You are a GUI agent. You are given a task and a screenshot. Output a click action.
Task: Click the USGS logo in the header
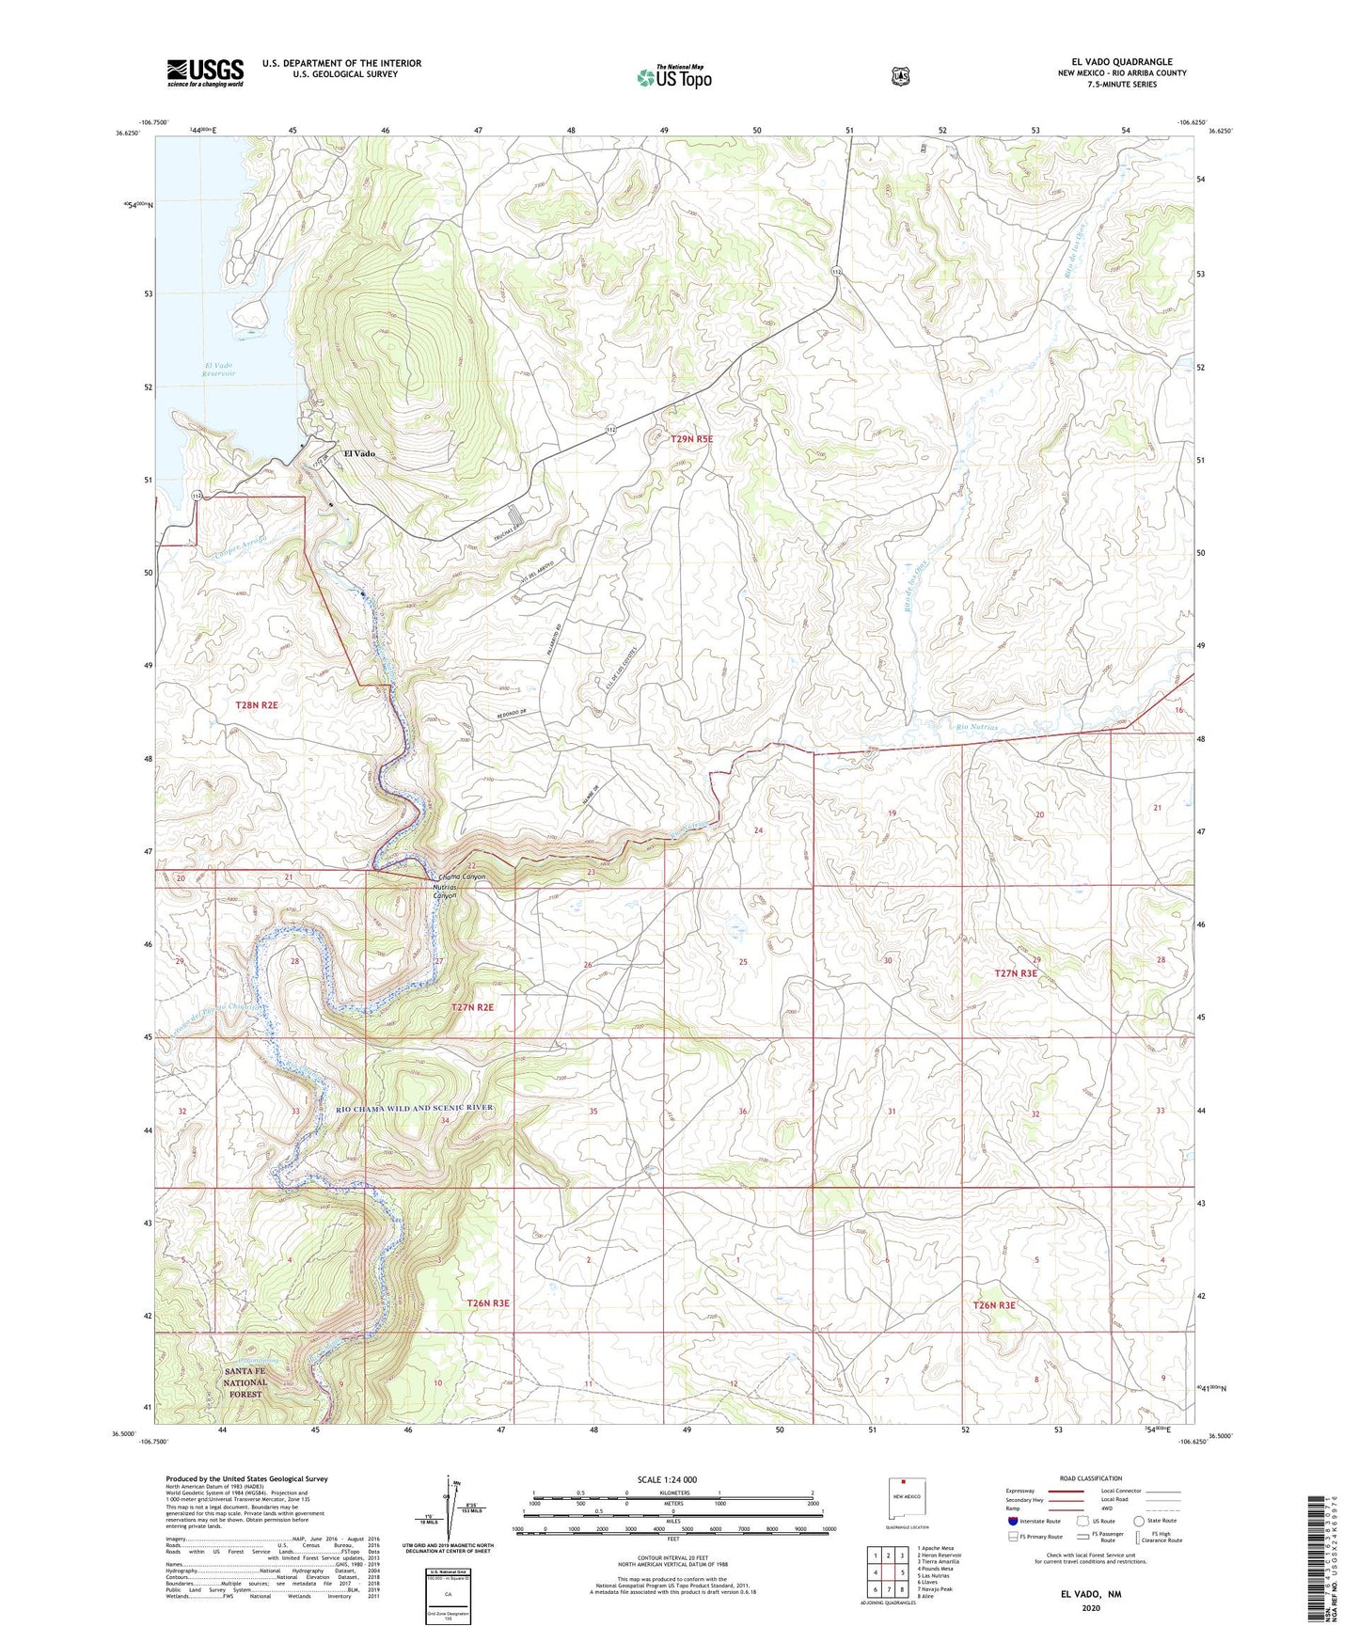point(205,71)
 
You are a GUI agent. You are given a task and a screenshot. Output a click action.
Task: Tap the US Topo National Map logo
point(673,76)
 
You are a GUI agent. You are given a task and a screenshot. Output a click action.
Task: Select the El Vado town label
point(358,453)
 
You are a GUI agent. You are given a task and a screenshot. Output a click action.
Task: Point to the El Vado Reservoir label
point(218,369)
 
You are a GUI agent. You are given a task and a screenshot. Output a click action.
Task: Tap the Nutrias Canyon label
point(444,892)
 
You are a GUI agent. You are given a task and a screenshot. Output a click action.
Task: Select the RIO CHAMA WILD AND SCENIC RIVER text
point(414,1108)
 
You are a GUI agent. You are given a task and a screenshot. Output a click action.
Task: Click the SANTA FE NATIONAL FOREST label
point(245,1382)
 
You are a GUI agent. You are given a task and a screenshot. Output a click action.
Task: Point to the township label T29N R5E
point(698,438)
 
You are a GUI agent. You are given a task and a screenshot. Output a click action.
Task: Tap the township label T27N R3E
point(1015,973)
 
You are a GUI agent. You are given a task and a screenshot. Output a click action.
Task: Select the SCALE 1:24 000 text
point(667,1479)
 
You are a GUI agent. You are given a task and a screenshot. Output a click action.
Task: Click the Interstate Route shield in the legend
point(1012,1520)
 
